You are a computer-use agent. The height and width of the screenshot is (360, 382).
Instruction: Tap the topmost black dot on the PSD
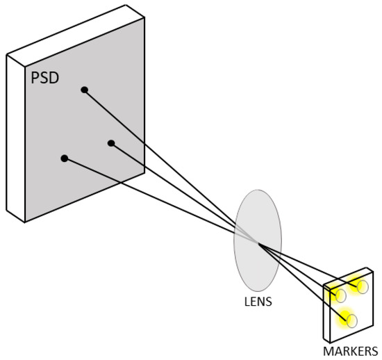click(84, 90)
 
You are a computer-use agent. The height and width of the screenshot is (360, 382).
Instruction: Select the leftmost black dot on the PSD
click(65, 158)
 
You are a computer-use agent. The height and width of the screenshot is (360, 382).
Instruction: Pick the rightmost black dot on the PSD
click(111, 143)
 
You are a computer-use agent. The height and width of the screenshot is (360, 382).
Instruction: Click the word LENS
click(259, 302)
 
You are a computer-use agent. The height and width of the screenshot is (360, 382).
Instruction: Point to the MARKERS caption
click(350, 350)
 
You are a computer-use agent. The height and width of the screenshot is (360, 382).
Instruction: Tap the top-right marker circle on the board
click(362, 287)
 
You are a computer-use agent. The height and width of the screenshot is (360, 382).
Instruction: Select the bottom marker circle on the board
click(351, 320)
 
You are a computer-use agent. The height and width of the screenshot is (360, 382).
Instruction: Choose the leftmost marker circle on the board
click(340, 296)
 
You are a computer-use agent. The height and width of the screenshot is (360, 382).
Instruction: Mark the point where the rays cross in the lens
click(259, 243)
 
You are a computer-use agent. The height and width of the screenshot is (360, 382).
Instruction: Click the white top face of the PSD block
click(76, 31)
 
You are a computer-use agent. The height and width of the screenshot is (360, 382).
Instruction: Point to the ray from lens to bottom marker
click(306, 282)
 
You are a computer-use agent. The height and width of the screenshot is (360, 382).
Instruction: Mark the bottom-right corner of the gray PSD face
click(144, 172)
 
